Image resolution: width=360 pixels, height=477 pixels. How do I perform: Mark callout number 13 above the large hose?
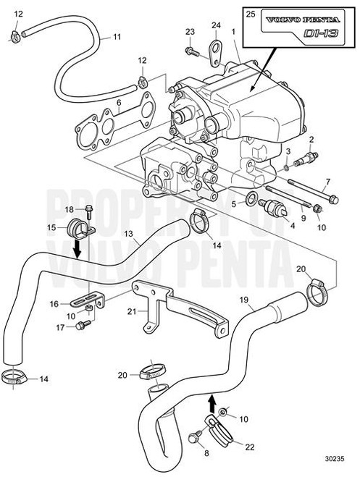coord(127,234)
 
